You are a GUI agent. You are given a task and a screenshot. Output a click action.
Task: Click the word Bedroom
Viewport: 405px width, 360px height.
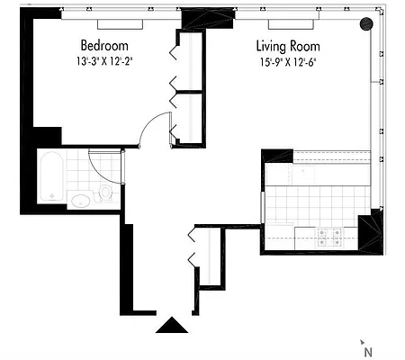click(x=104, y=46)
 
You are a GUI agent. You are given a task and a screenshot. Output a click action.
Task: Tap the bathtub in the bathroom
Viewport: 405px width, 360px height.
click(x=51, y=177)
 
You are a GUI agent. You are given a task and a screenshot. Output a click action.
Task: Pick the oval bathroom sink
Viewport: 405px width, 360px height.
click(x=81, y=200)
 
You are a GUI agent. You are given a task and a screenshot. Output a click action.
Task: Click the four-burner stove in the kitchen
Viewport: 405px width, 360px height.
click(x=327, y=236)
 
